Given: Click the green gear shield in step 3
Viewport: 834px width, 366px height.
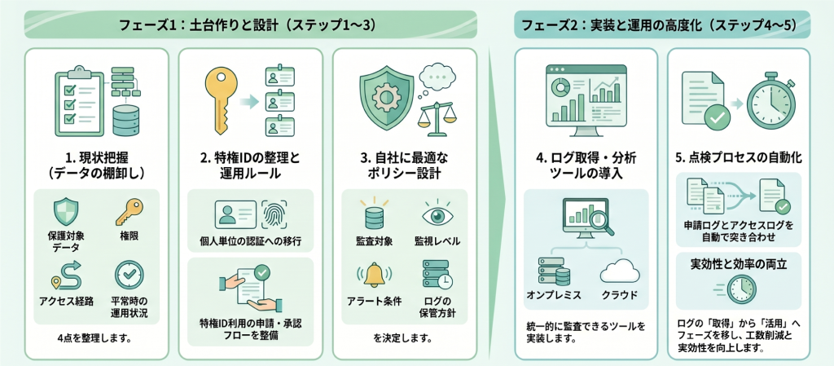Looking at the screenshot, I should point(385,95).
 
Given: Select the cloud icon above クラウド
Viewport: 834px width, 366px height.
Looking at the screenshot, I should point(618,271).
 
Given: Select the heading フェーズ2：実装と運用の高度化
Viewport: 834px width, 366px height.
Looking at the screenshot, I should point(661,24).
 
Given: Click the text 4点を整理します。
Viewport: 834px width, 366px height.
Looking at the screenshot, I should point(94,337).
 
